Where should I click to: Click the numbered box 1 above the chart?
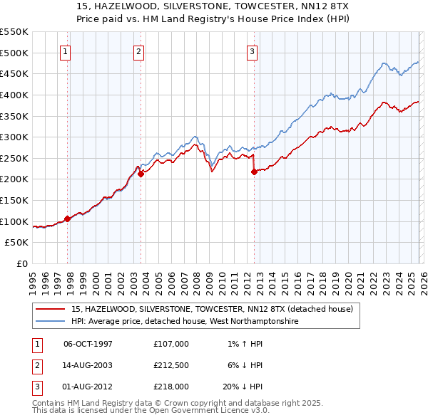coord(65,51)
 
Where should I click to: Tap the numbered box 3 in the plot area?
coord(252,51)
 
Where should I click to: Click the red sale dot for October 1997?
coord(68,219)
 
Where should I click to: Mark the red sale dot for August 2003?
coord(141,173)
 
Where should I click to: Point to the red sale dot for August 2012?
coord(254,171)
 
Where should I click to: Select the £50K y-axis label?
coord(17,243)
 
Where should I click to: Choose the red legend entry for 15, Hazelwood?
coord(207,310)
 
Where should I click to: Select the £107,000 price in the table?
coord(171,344)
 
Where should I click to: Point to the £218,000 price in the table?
coord(171,387)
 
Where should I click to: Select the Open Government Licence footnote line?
coord(151,411)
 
